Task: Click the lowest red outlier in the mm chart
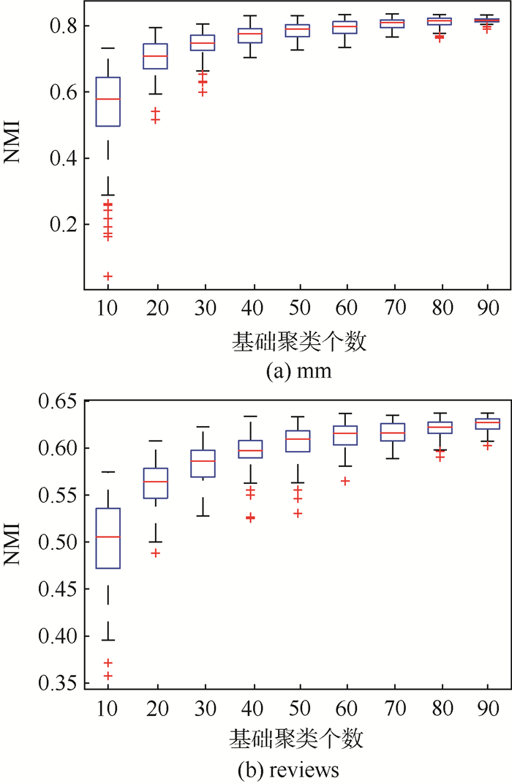[x=108, y=276]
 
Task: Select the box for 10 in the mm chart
[x=108, y=101]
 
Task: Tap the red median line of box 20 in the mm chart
[x=154, y=56]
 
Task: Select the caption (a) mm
[x=299, y=371]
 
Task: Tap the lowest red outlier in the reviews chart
[x=108, y=676]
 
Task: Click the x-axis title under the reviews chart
[x=299, y=736]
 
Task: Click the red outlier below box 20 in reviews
[x=154, y=553]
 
